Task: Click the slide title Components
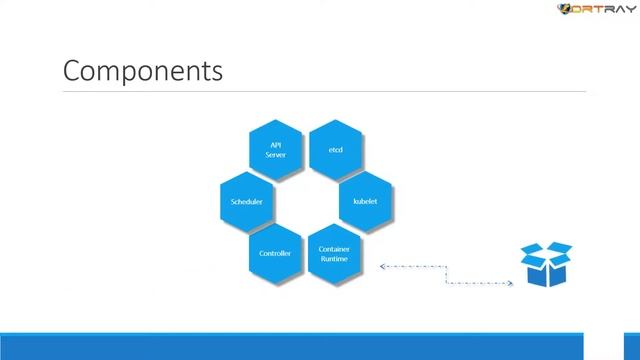point(142,72)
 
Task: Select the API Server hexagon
point(275,149)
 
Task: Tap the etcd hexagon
point(336,149)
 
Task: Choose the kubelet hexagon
point(365,201)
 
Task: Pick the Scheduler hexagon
point(246,201)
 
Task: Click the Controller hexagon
point(275,253)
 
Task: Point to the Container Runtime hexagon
point(335,253)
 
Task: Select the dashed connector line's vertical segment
point(446,275)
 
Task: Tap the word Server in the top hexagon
point(275,155)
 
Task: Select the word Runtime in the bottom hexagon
point(335,259)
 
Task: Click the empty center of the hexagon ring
point(305,201)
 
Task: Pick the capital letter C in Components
point(71,72)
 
